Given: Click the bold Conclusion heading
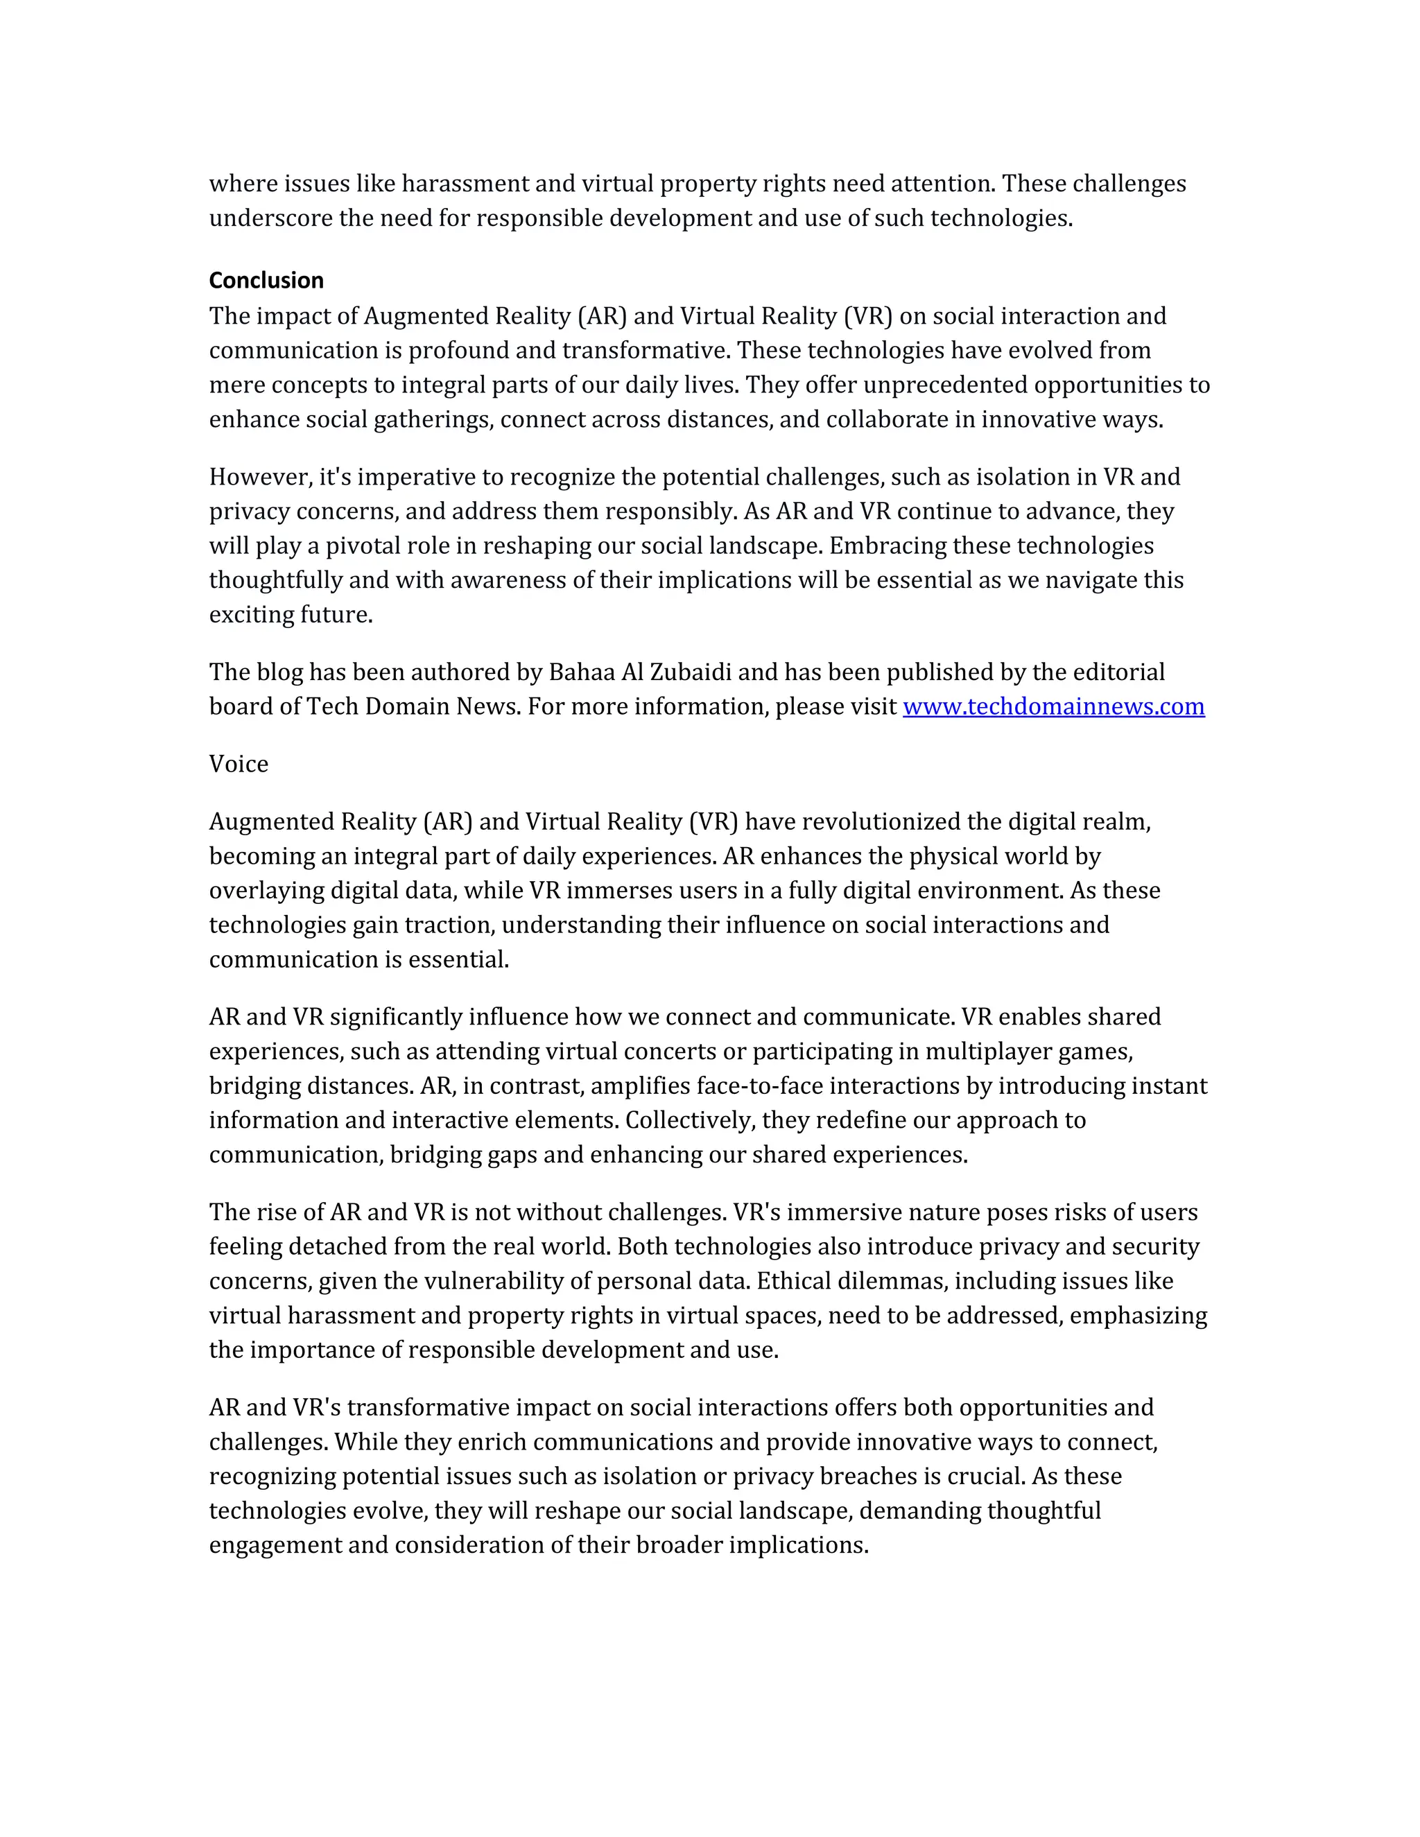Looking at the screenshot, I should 266,280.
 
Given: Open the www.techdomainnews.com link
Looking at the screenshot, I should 1053,706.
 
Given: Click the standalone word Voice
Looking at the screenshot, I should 239,764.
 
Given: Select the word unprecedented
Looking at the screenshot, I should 946,385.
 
